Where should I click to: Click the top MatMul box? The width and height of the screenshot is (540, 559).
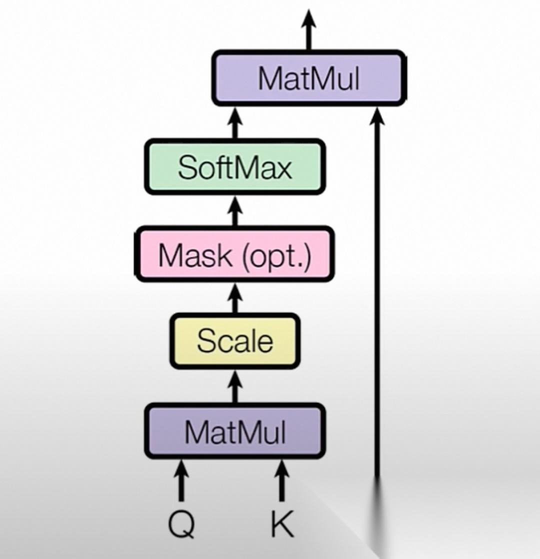pyautogui.click(x=308, y=78)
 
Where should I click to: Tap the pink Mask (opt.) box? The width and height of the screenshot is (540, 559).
pyautogui.click(x=234, y=254)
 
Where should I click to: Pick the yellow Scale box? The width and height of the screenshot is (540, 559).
pyautogui.click(x=234, y=341)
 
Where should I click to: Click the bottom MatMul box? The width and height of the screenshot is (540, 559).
pyautogui.click(x=234, y=431)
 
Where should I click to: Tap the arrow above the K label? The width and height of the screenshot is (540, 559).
pyautogui.click(x=282, y=480)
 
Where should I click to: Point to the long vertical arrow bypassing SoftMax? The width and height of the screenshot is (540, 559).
pyautogui.click(x=377, y=300)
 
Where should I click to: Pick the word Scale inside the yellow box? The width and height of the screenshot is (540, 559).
pyautogui.click(x=234, y=341)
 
